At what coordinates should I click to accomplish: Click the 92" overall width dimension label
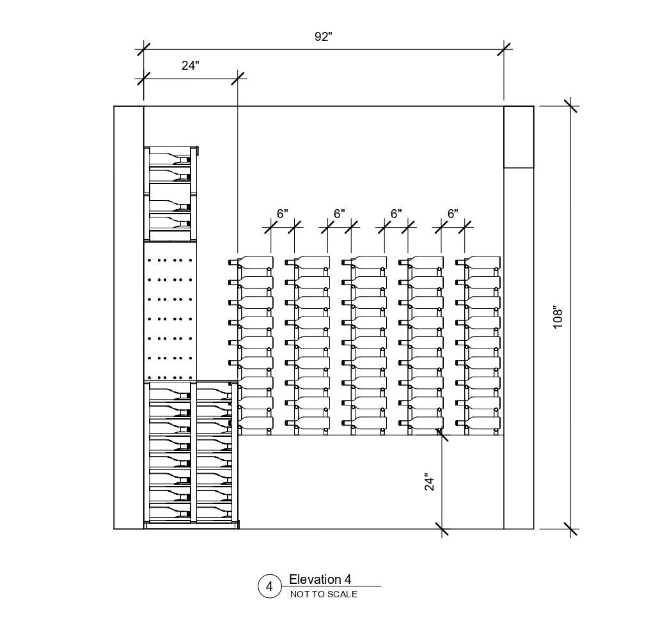[x=324, y=37]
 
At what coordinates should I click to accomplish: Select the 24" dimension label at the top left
[x=190, y=65]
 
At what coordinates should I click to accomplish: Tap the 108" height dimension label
[x=558, y=318]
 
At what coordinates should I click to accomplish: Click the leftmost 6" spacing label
[x=283, y=214]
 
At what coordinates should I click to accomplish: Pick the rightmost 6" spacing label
[x=453, y=214]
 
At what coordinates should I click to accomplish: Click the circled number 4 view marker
[x=269, y=586]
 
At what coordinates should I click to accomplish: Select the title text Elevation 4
[x=320, y=579]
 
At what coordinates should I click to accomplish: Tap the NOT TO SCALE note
[x=324, y=595]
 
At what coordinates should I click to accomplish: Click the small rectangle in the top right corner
[x=519, y=137]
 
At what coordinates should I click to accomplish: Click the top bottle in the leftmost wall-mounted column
[x=252, y=262]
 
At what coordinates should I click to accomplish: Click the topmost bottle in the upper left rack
[x=169, y=156]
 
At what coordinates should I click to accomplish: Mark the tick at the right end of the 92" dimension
[x=504, y=49]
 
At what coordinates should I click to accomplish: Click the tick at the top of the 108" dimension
[x=570, y=106]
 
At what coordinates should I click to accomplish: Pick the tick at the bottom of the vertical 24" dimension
[x=442, y=529]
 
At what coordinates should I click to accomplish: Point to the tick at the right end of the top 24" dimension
[x=238, y=77]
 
